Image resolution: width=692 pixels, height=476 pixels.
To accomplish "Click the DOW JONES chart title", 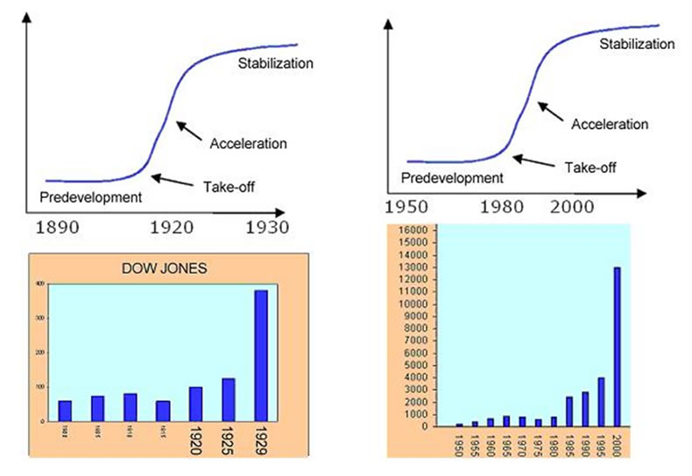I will [165, 269].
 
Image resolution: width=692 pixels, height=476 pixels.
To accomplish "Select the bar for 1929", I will [261, 355].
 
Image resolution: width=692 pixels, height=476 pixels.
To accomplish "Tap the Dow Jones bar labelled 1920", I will [196, 404].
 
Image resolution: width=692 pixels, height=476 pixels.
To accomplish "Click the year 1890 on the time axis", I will [59, 227].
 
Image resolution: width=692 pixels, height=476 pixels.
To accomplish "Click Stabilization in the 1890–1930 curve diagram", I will [275, 63].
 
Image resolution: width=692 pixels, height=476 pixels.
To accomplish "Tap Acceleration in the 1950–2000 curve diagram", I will [610, 124].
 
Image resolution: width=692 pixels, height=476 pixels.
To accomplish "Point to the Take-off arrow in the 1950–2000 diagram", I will [534, 160].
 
